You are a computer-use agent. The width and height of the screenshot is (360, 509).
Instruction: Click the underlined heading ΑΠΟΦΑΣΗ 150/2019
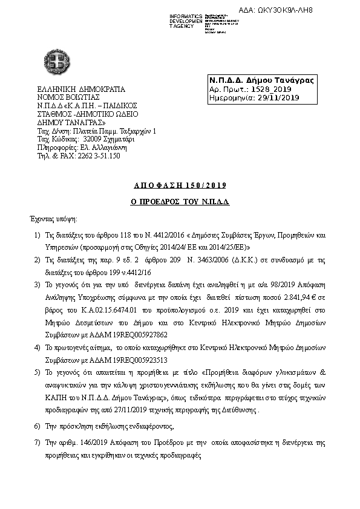point(180,185)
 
